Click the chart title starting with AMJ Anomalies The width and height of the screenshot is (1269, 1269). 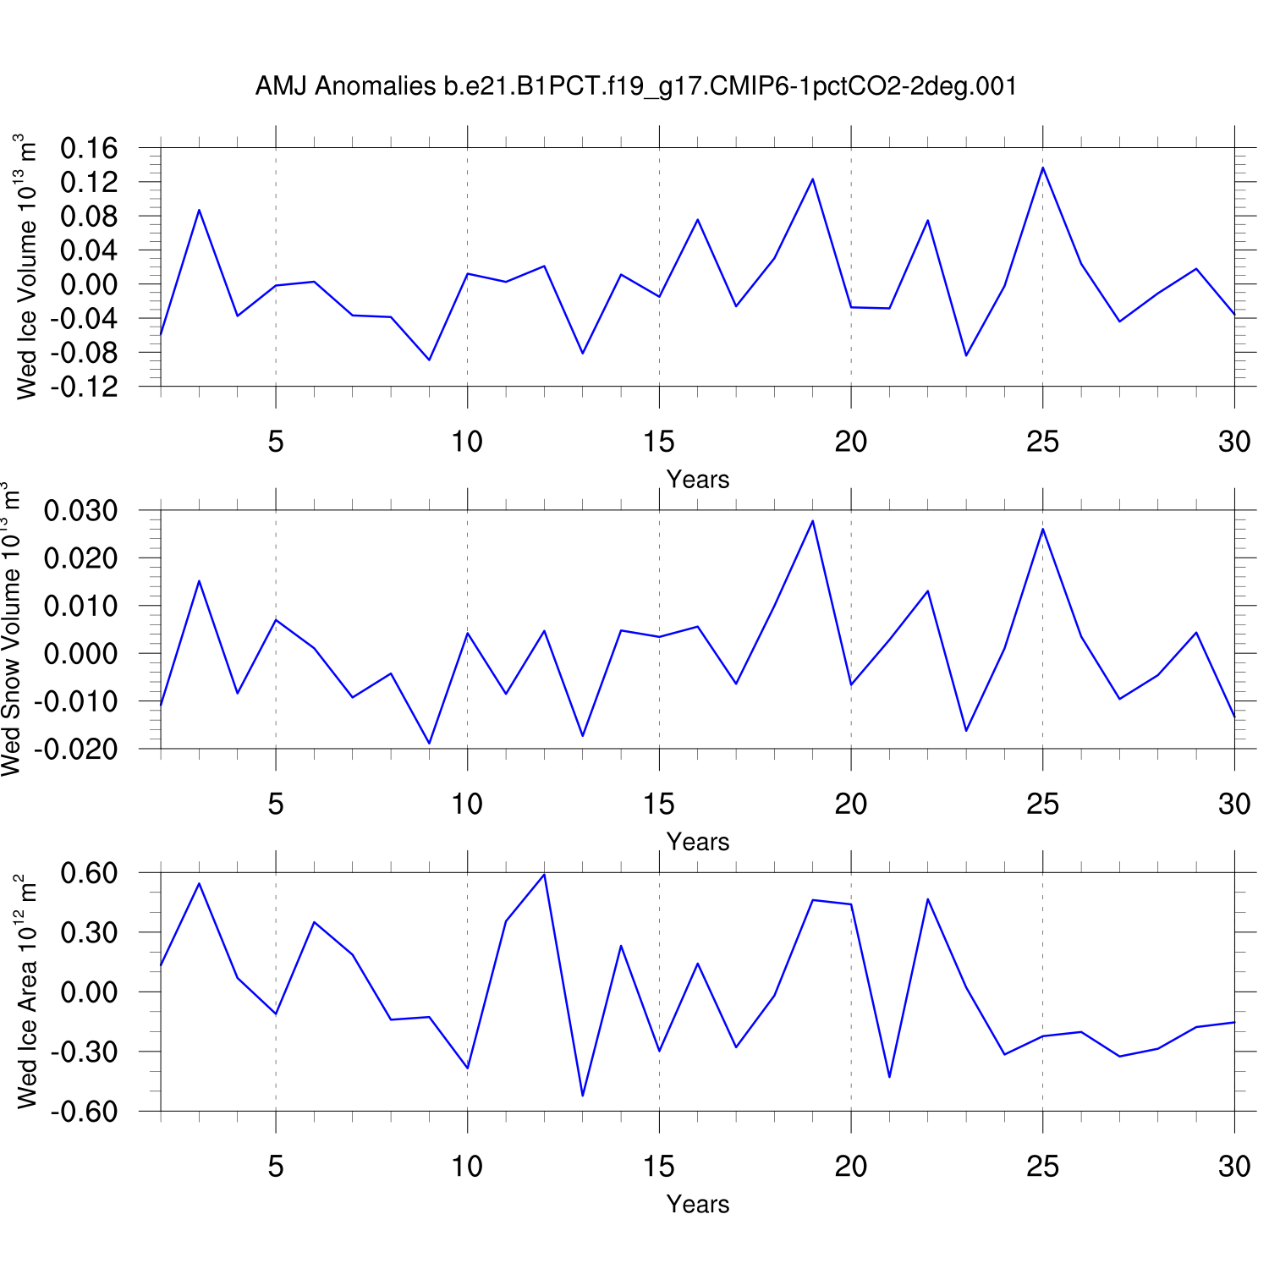tap(635, 86)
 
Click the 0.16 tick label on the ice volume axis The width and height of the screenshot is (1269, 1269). tap(89, 149)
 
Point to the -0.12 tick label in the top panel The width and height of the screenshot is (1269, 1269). tap(85, 387)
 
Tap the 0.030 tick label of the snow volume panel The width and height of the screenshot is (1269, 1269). tap(81, 511)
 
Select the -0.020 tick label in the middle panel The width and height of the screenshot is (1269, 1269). tap(77, 750)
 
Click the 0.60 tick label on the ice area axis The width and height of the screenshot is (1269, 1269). tap(89, 873)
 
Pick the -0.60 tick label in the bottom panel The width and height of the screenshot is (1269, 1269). tap(85, 1112)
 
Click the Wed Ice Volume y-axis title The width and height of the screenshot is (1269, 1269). tap(26, 266)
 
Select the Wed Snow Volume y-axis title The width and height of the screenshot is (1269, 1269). tap(11, 629)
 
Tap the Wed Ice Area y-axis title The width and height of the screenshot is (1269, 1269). tap(26, 992)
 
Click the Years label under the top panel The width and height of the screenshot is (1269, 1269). tap(697, 480)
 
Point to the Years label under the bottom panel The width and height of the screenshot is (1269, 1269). tap(697, 1204)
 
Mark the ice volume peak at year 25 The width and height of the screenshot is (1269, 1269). tap(1042, 168)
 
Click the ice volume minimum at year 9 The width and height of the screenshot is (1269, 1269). tap(429, 360)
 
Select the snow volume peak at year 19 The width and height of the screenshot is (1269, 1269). tap(812, 520)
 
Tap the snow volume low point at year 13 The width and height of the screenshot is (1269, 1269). tap(582, 735)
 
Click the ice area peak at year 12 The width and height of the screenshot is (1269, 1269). tap(544, 875)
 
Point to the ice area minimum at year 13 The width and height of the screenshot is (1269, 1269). tap(582, 1096)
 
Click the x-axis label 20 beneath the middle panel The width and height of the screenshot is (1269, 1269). tap(850, 804)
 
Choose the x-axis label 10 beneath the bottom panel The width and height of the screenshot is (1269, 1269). tap(467, 1167)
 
